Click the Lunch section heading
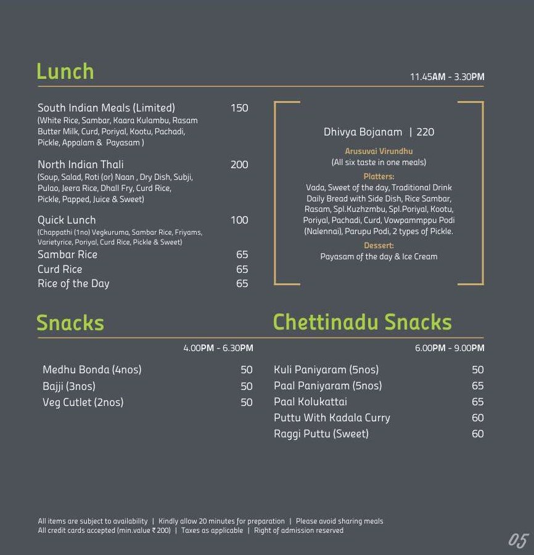pos(65,71)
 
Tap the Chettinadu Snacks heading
pos(362,322)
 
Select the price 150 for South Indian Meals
pos(239,108)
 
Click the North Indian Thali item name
pos(80,164)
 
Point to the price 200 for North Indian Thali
pos(239,164)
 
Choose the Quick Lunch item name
pos(67,220)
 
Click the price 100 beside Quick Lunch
pos(239,220)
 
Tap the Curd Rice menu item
pos(60,269)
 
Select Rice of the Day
pos(73,283)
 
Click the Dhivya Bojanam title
pos(363,132)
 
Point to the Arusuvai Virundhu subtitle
pos(379,151)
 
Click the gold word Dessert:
pos(379,245)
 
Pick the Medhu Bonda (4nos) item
pos(92,370)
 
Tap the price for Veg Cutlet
pos(247,402)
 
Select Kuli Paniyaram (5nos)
pos(326,370)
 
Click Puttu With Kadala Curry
pos(332,418)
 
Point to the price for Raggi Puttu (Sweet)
pos(478,434)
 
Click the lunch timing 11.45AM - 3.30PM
pos(447,77)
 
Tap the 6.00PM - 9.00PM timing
pos(450,348)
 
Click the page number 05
pos(518,540)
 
